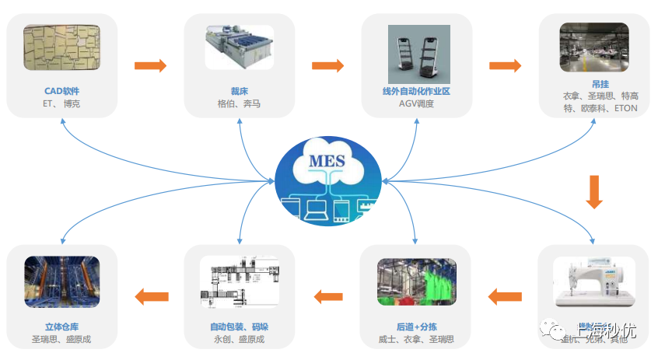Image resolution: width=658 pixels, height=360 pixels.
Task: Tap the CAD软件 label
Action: pos(62,90)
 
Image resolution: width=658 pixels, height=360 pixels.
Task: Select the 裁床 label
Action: pos(240,90)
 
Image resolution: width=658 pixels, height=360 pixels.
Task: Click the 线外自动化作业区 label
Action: pos(416,90)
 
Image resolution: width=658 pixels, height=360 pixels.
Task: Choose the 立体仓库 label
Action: pos(61,327)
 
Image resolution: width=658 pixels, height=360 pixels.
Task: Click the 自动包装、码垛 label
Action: pos(239,327)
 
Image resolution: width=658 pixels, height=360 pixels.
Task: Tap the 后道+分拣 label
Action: pos(416,327)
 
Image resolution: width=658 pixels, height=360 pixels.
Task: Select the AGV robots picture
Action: pos(416,51)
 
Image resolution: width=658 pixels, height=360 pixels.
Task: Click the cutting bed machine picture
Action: pos(240,47)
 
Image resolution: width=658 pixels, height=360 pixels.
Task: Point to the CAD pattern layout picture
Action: pos(61,47)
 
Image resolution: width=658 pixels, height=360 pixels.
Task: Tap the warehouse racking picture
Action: pos(61,284)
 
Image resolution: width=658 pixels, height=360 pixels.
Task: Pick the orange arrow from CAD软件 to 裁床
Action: pos(150,65)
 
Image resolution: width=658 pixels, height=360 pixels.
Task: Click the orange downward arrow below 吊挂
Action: pos(594,192)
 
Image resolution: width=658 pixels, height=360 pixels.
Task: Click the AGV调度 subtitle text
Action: pos(416,103)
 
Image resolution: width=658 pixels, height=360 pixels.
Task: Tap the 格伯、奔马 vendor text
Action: pos(240,103)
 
